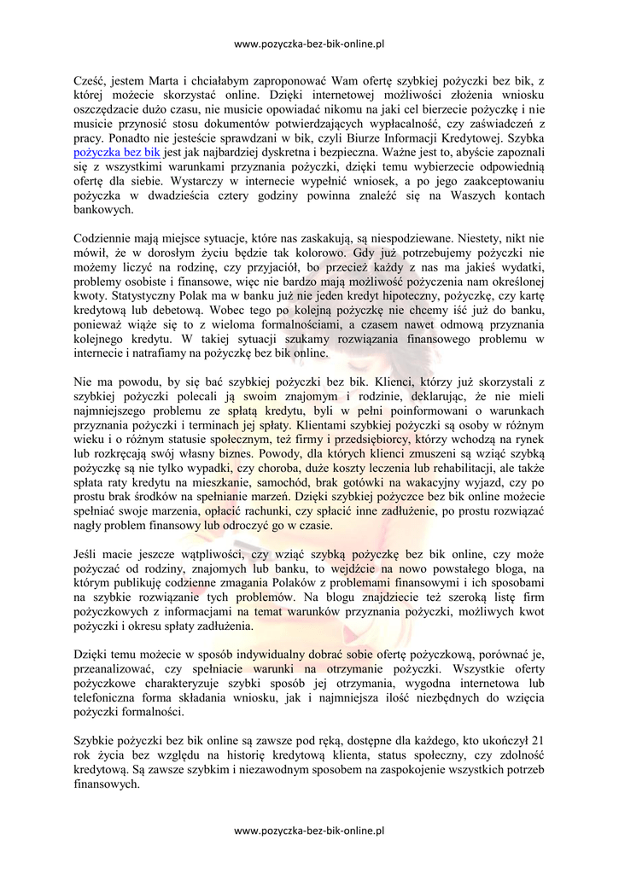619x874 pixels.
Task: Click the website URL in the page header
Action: pos(309,43)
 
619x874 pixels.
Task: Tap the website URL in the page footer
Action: pos(309,829)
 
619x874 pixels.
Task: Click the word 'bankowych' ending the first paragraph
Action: pos(103,209)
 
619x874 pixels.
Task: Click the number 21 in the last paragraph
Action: pos(537,739)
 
